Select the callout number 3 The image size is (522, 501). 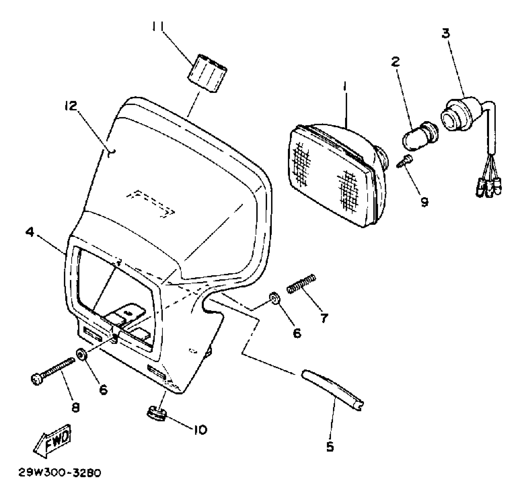coord(446,34)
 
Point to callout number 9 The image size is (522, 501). coord(424,202)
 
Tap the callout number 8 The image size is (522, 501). coord(76,408)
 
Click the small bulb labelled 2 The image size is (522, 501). coord(420,137)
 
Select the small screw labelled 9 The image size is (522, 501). coord(407,162)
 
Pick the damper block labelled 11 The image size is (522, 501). coord(208,74)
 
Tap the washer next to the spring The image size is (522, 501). coord(275,299)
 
